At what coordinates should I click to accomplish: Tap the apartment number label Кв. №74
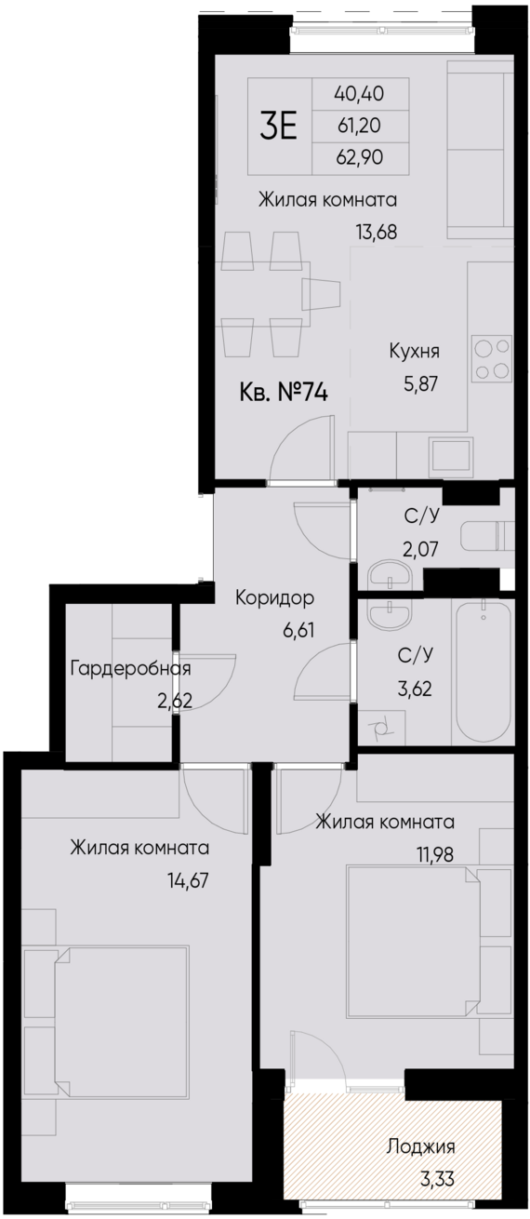click(284, 393)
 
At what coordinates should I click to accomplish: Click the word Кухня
click(414, 352)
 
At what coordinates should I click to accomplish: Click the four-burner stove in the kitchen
click(492, 357)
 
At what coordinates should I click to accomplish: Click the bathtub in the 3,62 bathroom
click(483, 670)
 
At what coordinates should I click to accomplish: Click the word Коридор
click(273, 597)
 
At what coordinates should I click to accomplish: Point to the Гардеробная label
click(130, 668)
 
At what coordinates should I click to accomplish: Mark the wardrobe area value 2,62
click(174, 701)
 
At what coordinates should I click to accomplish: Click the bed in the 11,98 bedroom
click(418, 940)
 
